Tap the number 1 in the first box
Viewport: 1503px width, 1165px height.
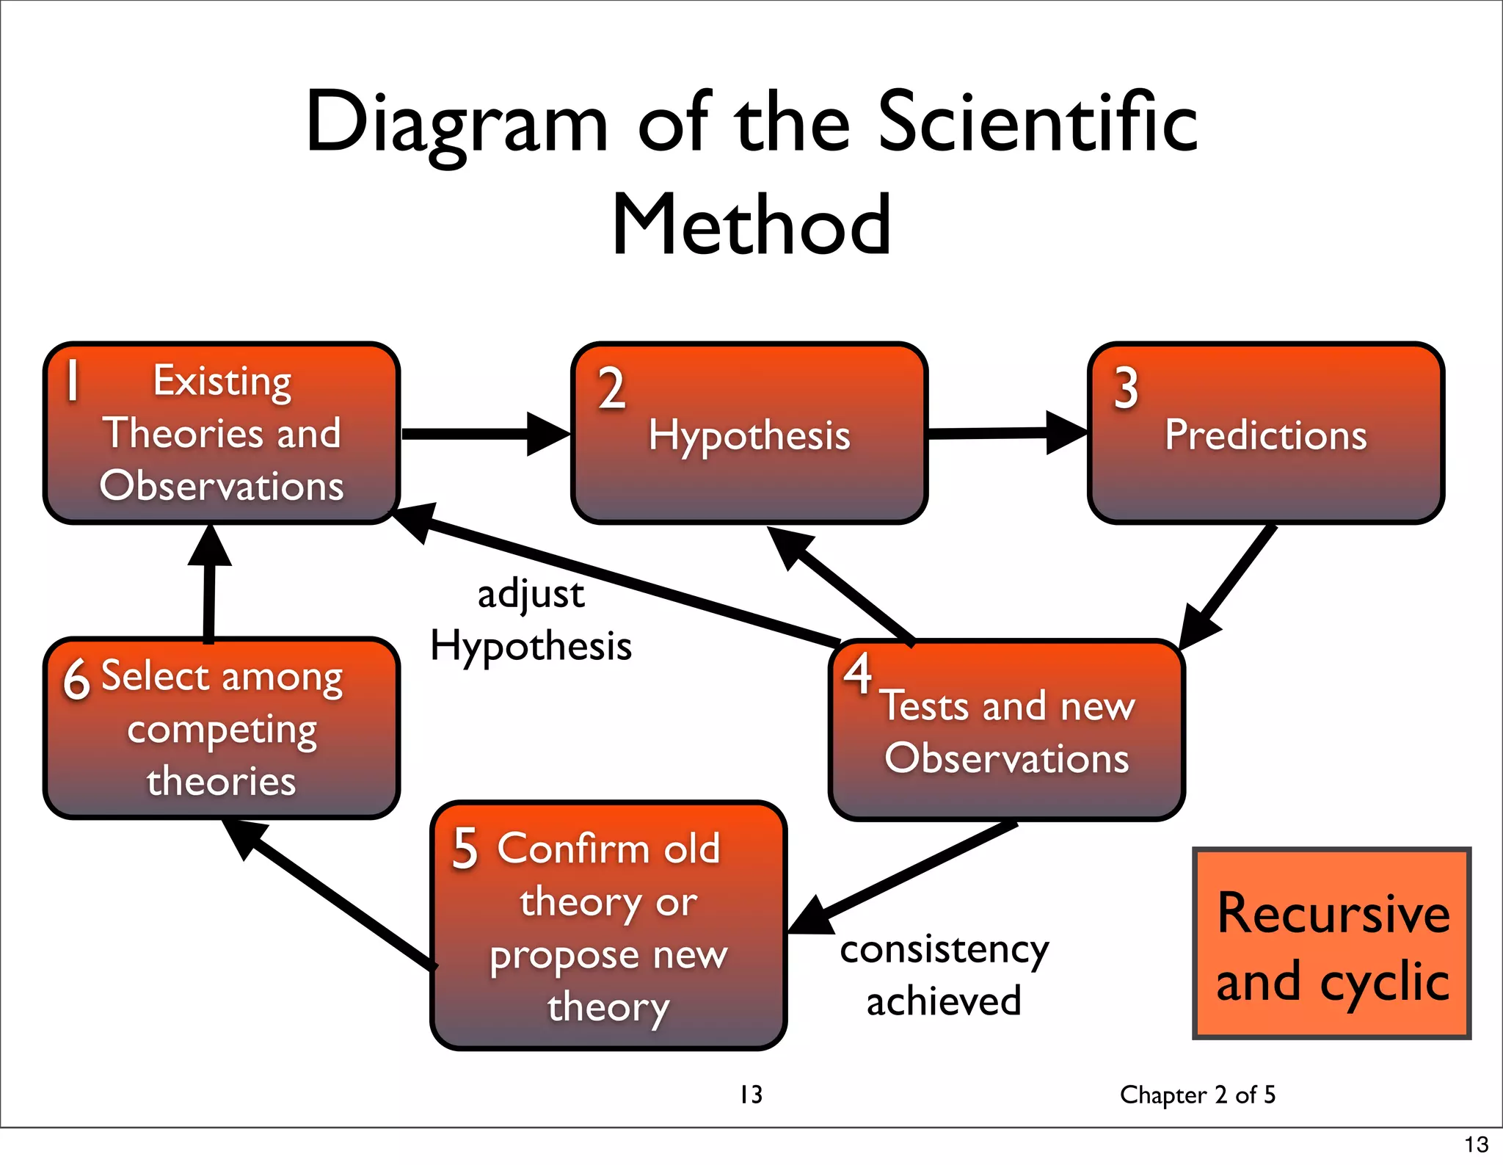[72, 380]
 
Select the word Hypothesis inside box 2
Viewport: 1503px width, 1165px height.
[749, 435]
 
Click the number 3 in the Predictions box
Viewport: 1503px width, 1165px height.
[1126, 388]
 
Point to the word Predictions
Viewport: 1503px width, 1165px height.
[1266, 435]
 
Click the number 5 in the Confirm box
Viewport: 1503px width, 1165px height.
[465, 849]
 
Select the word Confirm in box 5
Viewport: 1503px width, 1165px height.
[573, 849]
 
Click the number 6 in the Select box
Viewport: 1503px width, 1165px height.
[76, 679]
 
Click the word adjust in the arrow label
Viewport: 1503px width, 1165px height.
[531, 594]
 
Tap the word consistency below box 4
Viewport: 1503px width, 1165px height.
[945, 950]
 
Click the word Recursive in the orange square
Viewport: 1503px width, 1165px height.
[1333, 913]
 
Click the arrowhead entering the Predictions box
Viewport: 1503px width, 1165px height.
[1065, 432]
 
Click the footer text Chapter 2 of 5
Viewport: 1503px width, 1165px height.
[1197, 1095]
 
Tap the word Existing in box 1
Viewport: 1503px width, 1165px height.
[222, 381]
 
